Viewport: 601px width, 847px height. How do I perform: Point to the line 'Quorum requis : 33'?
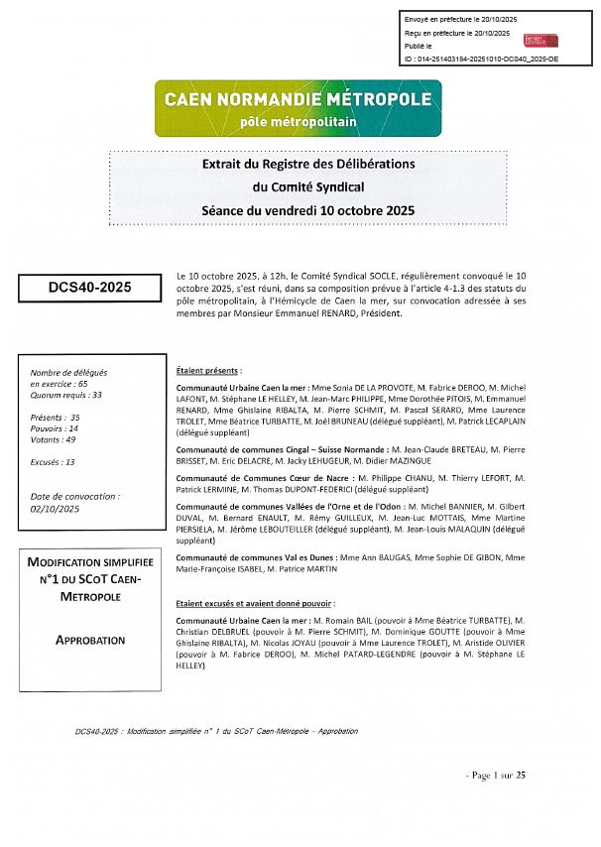[x=66, y=395]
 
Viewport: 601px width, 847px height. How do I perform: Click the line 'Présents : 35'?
[x=56, y=418]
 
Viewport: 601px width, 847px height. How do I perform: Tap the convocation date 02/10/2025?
[x=55, y=508]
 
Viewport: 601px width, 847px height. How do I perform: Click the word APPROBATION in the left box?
[x=90, y=641]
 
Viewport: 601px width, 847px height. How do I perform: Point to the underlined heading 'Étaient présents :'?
[x=208, y=368]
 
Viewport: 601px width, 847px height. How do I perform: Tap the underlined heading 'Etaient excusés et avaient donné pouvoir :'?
[x=254, y=603]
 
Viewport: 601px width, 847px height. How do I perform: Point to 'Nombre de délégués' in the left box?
[x=68, y=372]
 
